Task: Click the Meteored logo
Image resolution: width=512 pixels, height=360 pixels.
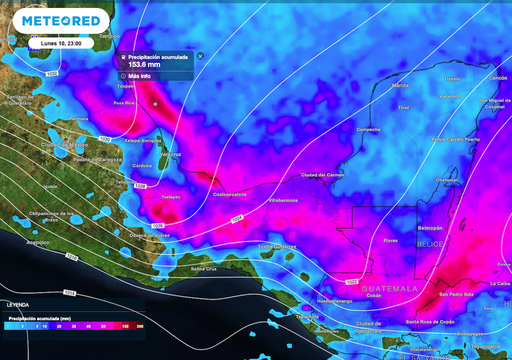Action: click(x=54, y=21)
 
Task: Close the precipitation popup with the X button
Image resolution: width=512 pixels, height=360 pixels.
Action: click(x=200, y=56)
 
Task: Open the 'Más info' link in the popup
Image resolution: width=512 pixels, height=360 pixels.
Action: click(x=137, y=76)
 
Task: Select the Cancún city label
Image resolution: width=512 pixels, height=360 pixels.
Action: click(x=497, y=77)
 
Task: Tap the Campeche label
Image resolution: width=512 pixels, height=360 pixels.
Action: click(x=367, y=130)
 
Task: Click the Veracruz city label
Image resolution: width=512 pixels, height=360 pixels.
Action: click(x=171, y=154)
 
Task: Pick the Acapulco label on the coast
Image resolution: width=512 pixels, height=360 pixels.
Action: click(x=38, y=242)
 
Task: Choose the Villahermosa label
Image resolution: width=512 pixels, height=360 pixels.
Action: click(x=283, y=200)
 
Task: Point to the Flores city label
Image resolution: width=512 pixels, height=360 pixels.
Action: click(x=391, y=241)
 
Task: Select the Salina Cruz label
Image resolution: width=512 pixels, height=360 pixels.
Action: click(x=204, y=268)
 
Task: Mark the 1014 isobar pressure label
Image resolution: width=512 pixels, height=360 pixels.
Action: click(x=237, y=219)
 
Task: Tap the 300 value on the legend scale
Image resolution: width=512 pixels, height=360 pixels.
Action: click(x=139, y=326)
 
